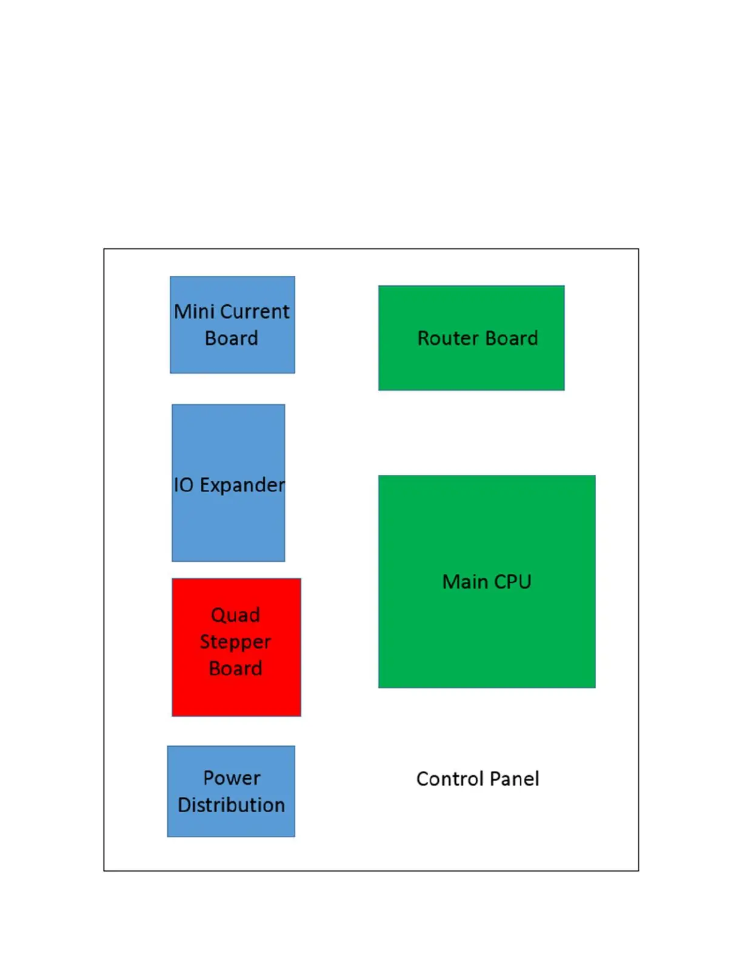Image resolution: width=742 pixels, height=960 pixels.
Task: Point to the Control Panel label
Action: (x=478, y=779)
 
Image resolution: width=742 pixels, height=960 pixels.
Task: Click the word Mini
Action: (x=194, y=312)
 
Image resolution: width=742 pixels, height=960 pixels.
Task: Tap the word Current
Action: (x=255, y=312)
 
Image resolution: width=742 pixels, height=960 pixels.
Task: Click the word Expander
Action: (x=242, y=485)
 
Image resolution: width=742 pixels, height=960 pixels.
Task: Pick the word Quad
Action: (x=235, y=615)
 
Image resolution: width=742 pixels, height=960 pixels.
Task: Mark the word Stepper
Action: (x=235, y=642)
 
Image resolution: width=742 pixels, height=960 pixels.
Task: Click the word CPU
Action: (x=512, y=582)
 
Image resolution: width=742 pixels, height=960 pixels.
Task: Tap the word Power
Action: (x=232, y=778)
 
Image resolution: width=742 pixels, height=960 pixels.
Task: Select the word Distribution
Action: (x=231, y=805)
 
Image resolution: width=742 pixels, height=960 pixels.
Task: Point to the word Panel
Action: (x=514, y=779)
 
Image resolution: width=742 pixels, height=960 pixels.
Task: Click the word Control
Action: (x=450, y=779)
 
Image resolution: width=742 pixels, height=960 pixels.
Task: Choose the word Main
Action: (x=466, y=582)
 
